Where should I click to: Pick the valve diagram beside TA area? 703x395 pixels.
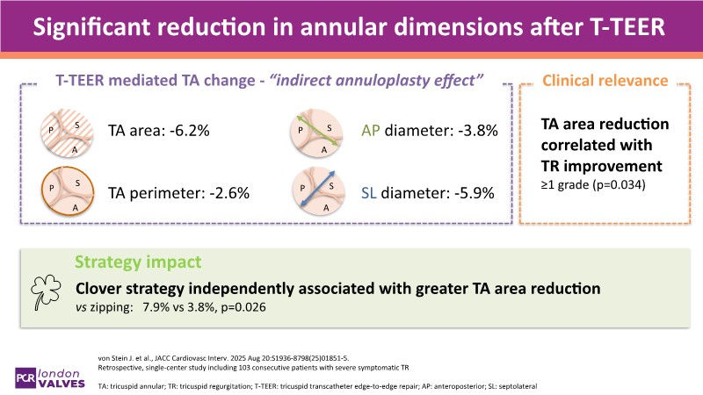tap(64, 133)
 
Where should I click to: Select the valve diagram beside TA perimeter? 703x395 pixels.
tap(64, 189)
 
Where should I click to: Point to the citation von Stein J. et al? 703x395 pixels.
tap(128, 356)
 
